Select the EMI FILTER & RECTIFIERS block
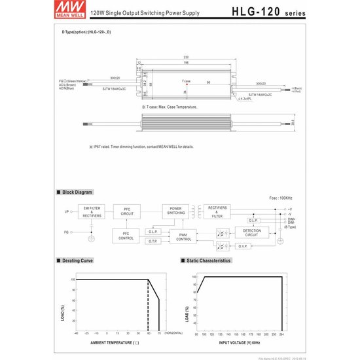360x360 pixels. [x=91, y=211]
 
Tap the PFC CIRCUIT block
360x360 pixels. [x=127, y=211]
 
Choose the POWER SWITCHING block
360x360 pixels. [x=175, y=210]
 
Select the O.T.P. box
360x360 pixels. [x=153, y=242]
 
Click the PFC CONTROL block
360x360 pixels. [x=126, y=236]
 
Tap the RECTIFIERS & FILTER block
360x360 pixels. [x=217, y=210]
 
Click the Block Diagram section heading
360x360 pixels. [x=77, y=192]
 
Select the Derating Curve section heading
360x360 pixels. [x=77, y=261]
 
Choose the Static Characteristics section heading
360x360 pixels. [x=208, y=261]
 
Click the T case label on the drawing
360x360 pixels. [x=187, y=82]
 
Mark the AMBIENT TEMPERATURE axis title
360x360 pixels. [x=115, y=341]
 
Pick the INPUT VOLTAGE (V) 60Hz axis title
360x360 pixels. [x=240, y=341]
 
